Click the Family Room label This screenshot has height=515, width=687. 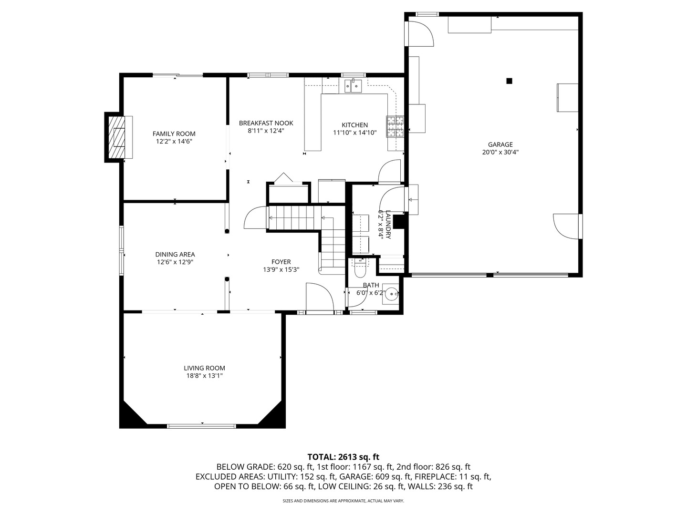tap(174, 134)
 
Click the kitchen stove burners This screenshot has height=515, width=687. tap(395, 126)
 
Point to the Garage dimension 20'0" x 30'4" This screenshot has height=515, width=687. tap(500, 153)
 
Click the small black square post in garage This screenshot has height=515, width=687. tap(509, 81)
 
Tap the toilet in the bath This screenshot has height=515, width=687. tap(360, 270)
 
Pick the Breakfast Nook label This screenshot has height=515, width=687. tap(266, 123)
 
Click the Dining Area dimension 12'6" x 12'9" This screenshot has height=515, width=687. tap(175, 262)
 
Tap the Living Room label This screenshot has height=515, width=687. tap(204, 368)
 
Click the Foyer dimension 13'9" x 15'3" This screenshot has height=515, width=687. tap(281, 269)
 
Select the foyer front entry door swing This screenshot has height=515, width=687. tap(319, 297)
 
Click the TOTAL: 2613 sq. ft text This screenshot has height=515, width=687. tap(343, 457)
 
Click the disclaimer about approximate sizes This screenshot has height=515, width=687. tap(343, 501)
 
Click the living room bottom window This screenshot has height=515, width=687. tap(201, 425)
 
